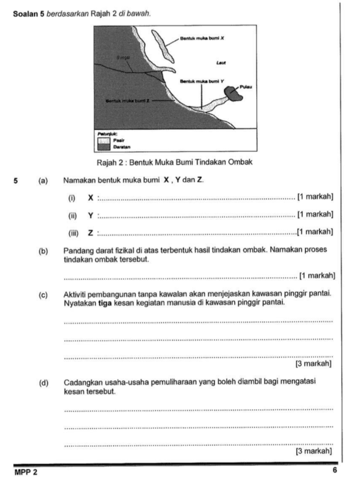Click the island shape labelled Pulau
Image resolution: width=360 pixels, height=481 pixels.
click(x=232, y=93)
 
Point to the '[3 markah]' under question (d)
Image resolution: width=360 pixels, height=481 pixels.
click(x=313, y=451)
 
